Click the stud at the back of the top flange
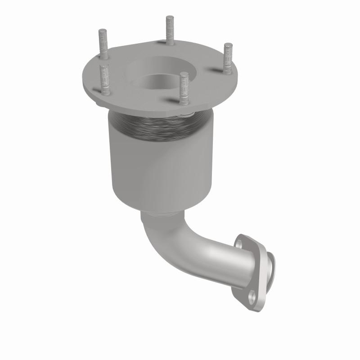pos(170,31)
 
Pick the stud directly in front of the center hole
pos(184,88)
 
